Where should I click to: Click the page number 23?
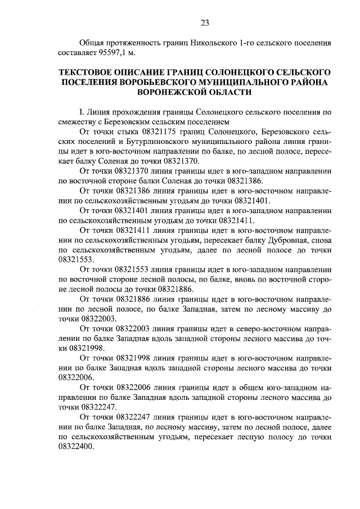205,22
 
